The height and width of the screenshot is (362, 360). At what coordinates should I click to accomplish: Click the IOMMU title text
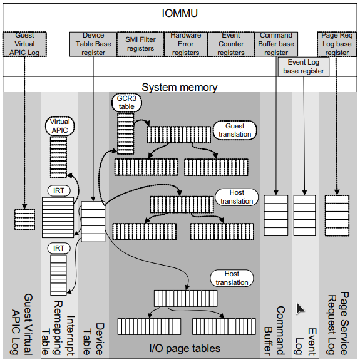pyautogui.click(x=180, y=13)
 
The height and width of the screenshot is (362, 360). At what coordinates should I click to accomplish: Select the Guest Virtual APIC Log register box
pyautogui.click(x=24, y=44)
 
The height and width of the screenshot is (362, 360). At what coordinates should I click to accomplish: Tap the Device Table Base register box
pyautogui.click(x=93, y=44)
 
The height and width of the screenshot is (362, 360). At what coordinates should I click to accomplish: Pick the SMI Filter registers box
pyautogui.click(x=140, y=44)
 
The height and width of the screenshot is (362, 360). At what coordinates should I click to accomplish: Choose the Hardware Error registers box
pyautogui.click(x=186, y=44)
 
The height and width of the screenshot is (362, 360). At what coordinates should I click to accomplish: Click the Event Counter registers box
pyautogui.click(x=231, y=44)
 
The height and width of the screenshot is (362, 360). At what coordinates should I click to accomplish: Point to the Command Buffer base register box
pyautogui.click(x=276, y=44)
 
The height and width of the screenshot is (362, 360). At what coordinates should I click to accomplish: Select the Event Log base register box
pyautogui.click(x=304, y=66)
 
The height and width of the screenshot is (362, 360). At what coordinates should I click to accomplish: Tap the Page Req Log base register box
pyautogui.click(x=337, y=44)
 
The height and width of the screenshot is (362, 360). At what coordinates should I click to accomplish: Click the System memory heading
pyautogui.click(x=180, y=87)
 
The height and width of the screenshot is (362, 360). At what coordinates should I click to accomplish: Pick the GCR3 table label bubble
pyautogui.click(x=126, y=103)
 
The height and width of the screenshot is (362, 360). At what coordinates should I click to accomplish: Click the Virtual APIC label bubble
pyautogui.click(x=60, y=126)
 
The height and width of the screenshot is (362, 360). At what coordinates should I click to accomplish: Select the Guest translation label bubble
pyautogui.click(x=235, y=130)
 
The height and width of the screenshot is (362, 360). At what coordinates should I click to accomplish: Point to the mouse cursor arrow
pyautogui.click(x=300, y=308)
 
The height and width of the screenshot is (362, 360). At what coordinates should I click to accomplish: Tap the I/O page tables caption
pyautogui.click(x=185, y=349)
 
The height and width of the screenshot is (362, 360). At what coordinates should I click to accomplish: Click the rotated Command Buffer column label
pyautogui.click(x=275, y=331)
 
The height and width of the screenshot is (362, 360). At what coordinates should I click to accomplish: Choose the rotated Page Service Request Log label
pyautogui.click(x=338, y=324)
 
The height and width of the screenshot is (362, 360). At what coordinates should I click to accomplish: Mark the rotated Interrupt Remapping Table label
pyautogui.click(x=58, y=328)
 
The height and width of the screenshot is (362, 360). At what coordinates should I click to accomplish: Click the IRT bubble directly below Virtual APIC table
pyautogui.click(x=59, y=190)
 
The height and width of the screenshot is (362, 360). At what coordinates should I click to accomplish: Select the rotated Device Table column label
pyautogui.click(x=94, y=339)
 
